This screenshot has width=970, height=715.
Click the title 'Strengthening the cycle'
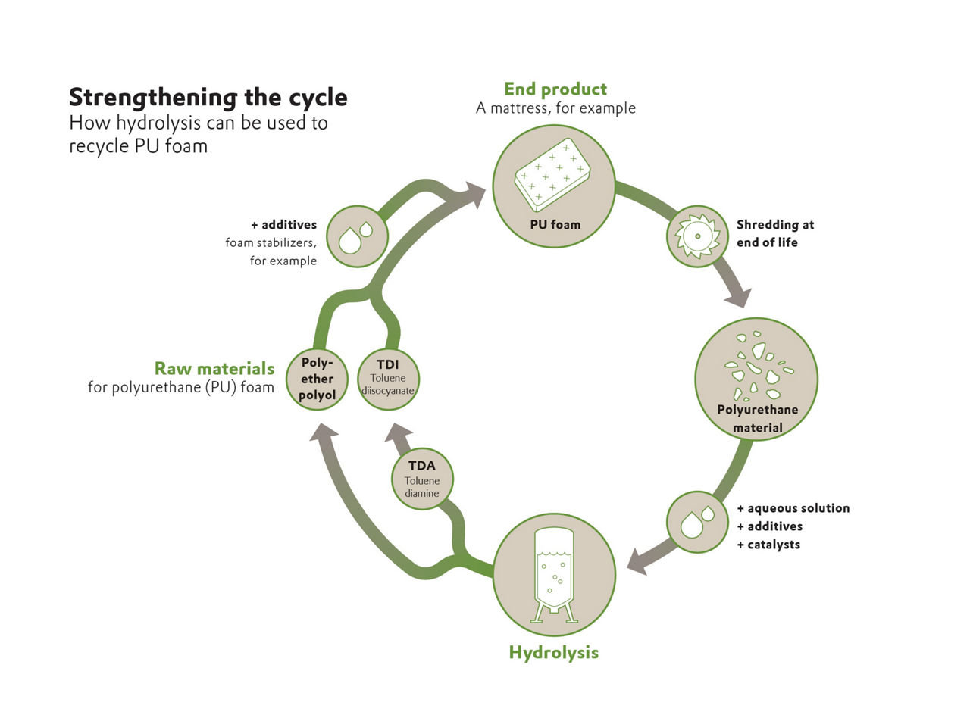click(208, 97)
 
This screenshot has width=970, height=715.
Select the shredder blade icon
click(697, 236)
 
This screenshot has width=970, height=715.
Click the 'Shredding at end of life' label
click(774, 233)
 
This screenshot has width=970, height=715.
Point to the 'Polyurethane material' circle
click(756, 379)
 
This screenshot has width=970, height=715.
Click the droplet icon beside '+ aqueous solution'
click(697, 522)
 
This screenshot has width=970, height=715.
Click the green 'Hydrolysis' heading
click(553, 652)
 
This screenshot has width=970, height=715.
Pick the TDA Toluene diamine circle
click(422, 479)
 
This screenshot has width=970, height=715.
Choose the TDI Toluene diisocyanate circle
click(388, 379)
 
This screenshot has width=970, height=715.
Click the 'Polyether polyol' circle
click(317, 379)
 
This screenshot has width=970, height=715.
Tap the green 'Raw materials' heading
click(214, 369)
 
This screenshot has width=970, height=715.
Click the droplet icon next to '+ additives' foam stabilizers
click(357, 236)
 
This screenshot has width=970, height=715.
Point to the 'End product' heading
click(555, 89)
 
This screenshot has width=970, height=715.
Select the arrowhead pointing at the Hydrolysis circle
click(638, 563)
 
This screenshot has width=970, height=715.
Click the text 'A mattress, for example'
click(555, 108)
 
